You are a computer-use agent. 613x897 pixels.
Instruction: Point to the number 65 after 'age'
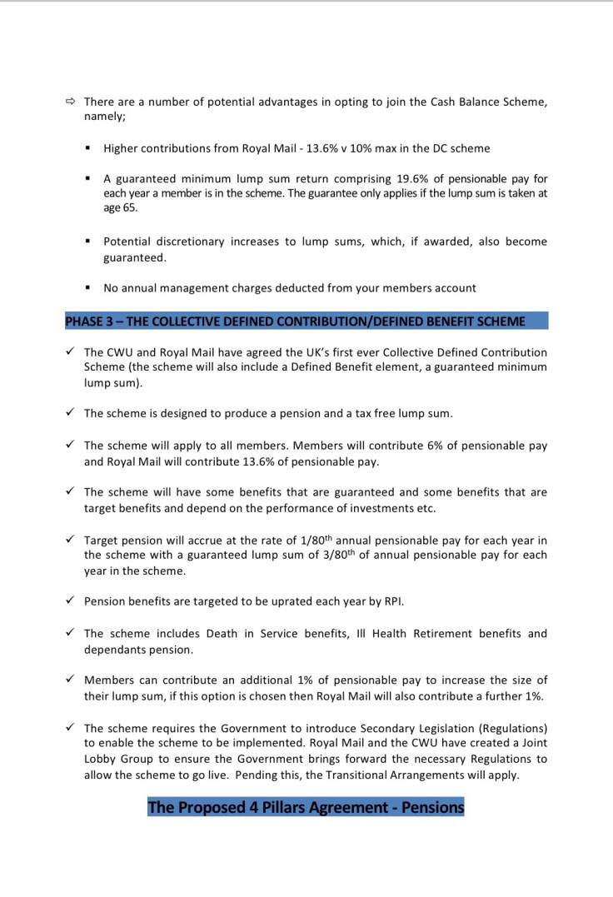coord(130,208)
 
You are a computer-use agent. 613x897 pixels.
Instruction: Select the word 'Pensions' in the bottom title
coord(432,807)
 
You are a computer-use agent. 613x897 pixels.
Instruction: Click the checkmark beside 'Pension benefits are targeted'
coord(70,600)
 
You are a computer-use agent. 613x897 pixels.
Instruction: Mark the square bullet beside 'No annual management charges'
coord(87,288)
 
